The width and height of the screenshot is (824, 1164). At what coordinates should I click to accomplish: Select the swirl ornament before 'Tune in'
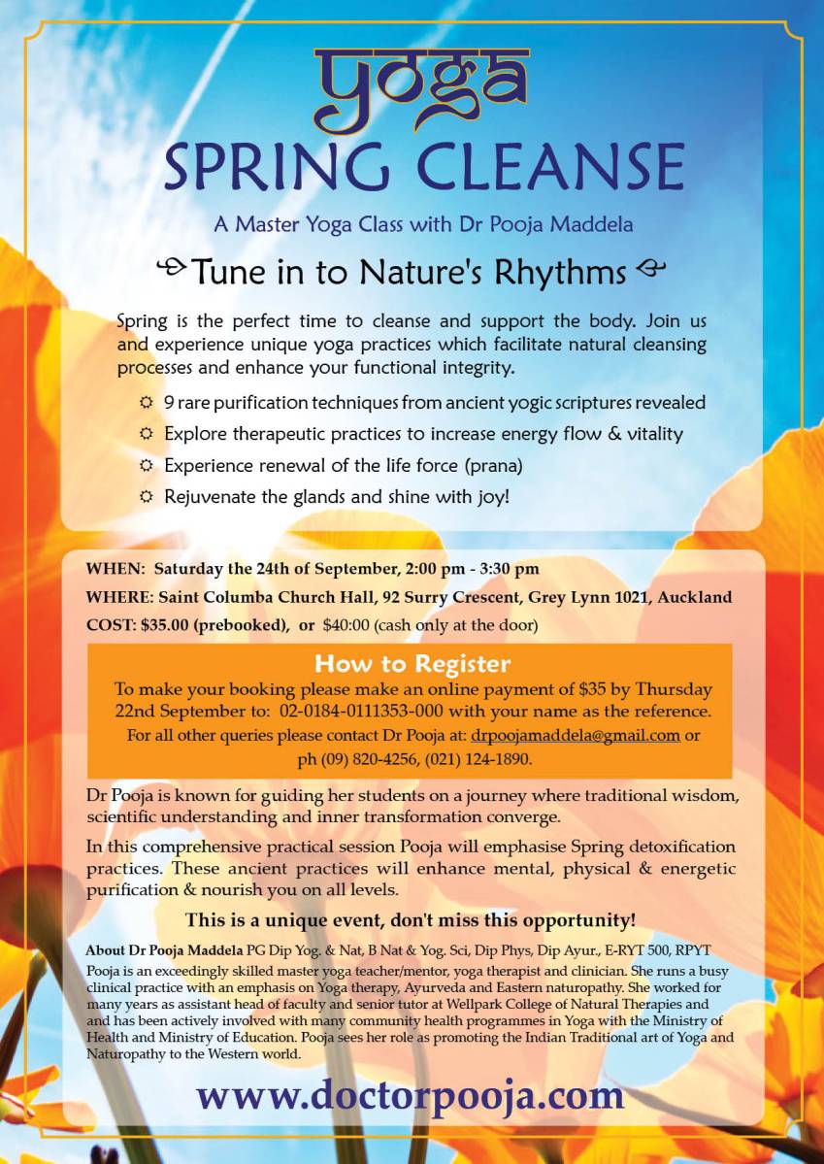point(172,267)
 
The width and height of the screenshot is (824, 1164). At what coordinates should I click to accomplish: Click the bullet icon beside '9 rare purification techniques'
point(147,402)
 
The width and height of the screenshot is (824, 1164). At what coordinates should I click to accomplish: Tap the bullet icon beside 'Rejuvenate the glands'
point(147,496)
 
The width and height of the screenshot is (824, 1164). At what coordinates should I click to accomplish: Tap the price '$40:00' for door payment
point(347,624)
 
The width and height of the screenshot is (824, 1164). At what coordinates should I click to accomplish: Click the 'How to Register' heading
point(412,664)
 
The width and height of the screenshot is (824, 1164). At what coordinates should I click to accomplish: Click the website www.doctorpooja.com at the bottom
point(410,1095)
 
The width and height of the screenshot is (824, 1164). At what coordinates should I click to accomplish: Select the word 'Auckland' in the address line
point(695,596)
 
